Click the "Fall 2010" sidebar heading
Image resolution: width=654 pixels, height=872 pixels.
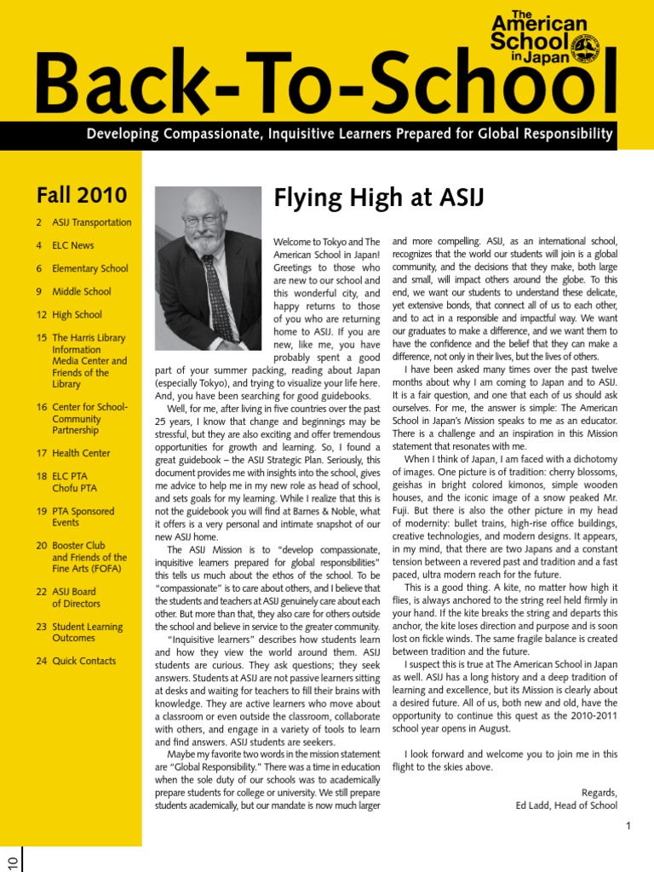82,195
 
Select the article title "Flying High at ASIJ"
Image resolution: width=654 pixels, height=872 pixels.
378,199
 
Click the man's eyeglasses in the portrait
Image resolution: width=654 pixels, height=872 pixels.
204,220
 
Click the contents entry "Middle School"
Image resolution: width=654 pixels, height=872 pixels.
81,291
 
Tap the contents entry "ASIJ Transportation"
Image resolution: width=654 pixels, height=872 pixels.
91,222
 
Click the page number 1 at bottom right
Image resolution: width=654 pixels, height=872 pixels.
628,825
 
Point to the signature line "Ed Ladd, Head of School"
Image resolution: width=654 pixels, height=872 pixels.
566,805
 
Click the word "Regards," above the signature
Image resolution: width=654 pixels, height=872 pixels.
599,792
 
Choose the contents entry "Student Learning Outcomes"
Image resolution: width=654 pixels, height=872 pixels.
86,632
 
